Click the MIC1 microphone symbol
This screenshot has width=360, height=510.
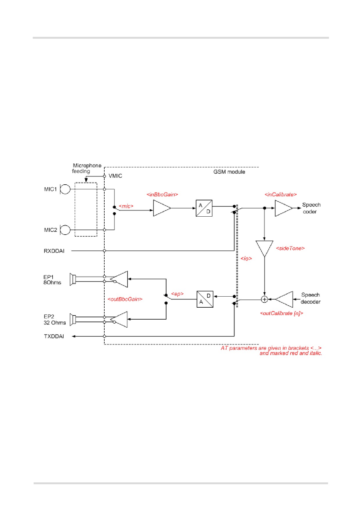pyautogui.click(x=65, y=189)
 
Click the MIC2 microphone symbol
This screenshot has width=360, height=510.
pyautogui.click(x=65, y=230)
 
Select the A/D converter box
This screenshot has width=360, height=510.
pyautogui.click(x=204, y=208)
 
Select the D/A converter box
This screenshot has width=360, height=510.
pyautogui.click(x=205, y=299)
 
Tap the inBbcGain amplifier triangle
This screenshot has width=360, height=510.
pyautogui.click(x=162, y=208)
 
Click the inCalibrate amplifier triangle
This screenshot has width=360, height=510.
pyautogui.click(x=284, y=208)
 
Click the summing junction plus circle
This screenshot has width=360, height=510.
pyautogui.click(x=264, y=299)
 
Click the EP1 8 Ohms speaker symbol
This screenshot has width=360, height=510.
pyautogui.click(x=73, y=279)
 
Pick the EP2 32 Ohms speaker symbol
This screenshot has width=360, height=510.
pyautogui.click(x=73, y=320)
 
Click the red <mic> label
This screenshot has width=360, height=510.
pyautogui.click(x=126, y=206)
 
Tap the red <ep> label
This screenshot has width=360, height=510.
pyautogui.click(x=178, y=294)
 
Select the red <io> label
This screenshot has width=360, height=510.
pyautogui.click(x=246, y=258)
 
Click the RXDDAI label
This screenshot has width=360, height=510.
pyautogui.click(x=54, y=251)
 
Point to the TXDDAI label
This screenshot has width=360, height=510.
pyautogui.click(x=54, y=336)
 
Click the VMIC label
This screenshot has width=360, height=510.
pyautogui.click(x=115, y=176)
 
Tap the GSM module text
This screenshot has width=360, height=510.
pyautogui.click(x=229, y=172)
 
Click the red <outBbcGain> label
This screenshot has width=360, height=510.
pyautogui.click(x=125, y=299)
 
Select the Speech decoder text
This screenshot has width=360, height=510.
pyautogui.click(x=311, y=298)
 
